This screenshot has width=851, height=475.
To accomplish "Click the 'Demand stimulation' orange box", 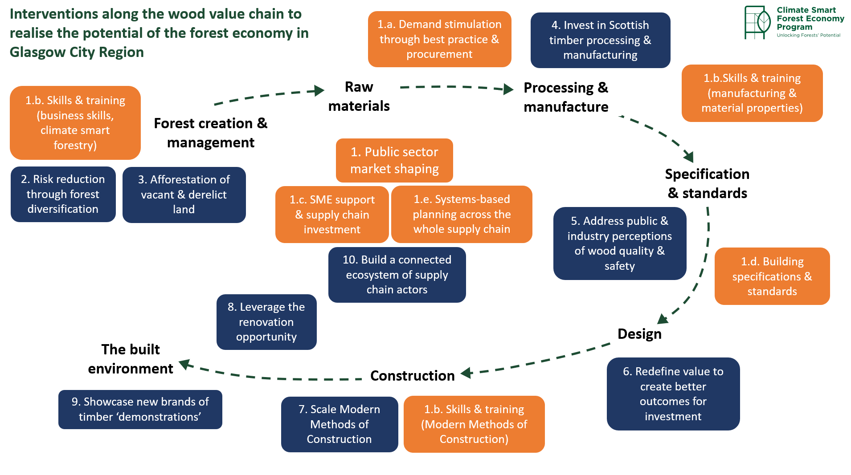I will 439,39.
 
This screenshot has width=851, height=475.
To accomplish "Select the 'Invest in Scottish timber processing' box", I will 600,40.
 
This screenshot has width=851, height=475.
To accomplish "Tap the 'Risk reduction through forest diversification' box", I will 63,194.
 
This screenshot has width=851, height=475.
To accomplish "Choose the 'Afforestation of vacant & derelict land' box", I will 184,195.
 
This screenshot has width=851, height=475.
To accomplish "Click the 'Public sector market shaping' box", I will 394,160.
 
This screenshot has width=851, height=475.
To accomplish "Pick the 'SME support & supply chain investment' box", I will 332,214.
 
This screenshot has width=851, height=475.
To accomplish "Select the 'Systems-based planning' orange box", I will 462,214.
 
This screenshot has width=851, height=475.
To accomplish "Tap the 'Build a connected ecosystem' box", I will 397,275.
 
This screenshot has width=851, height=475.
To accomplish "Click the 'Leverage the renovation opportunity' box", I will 266,322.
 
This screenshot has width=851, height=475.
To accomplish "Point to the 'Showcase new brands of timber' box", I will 140,409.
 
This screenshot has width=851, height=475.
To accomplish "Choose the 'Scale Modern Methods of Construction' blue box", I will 340,424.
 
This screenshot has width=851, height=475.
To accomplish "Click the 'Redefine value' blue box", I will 673,394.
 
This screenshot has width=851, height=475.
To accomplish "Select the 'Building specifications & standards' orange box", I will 772,276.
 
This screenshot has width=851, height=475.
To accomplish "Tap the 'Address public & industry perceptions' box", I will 619,243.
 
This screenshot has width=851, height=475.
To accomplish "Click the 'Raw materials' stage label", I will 359,96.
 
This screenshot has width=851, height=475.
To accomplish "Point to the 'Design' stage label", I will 639,334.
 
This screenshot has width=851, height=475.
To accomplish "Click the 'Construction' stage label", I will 412,376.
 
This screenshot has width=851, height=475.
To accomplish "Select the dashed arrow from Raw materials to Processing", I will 454,87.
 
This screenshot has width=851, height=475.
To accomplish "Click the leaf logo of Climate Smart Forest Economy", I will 757,22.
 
